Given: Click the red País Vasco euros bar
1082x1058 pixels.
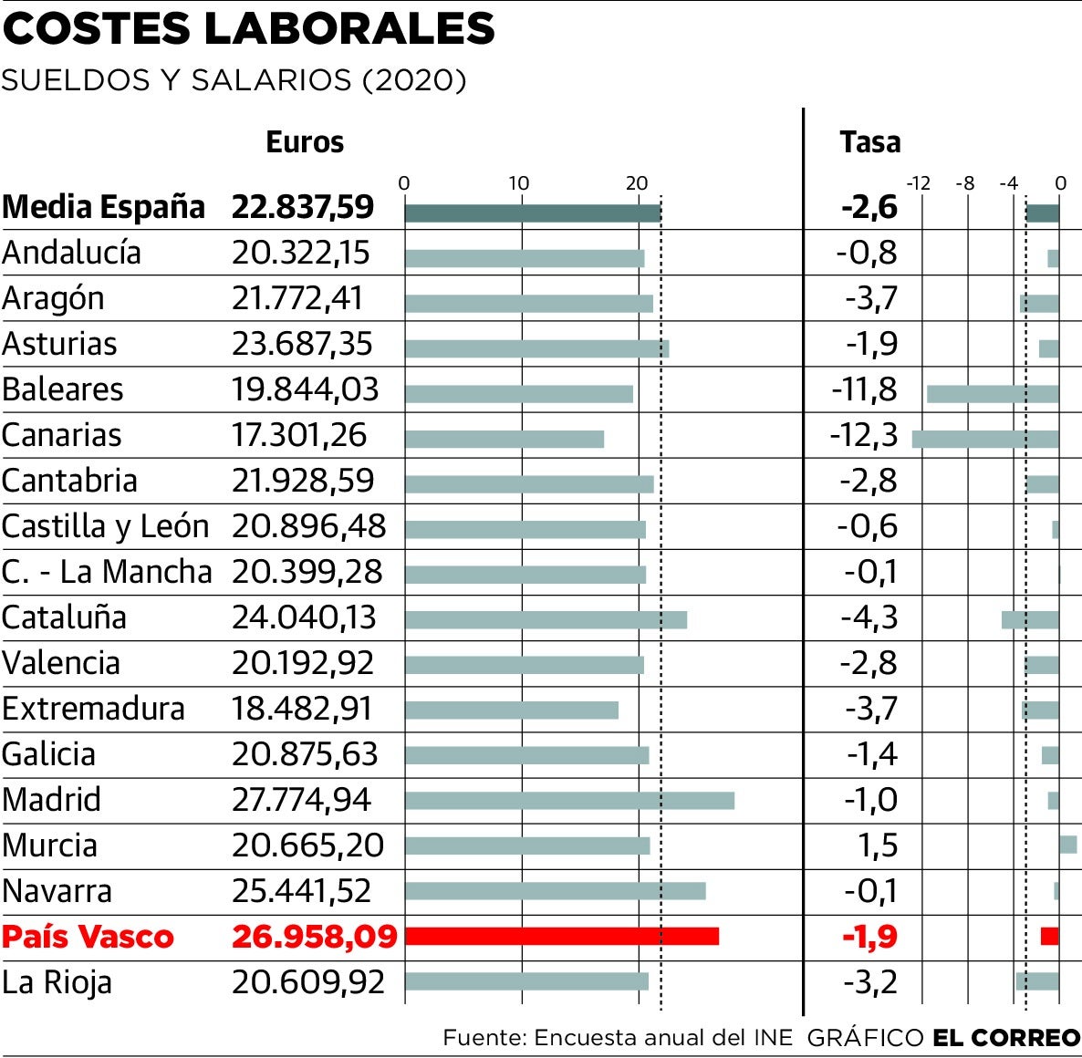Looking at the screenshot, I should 561,936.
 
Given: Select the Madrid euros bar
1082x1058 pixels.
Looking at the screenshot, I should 569,801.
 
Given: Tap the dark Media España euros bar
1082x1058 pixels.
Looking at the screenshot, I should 532,213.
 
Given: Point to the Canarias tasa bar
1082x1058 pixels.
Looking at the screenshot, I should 985,439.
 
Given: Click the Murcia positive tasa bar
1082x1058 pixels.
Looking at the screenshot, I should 1067,845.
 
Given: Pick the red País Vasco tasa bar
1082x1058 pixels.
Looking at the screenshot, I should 1049,936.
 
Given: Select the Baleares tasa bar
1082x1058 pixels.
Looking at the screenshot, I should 993,394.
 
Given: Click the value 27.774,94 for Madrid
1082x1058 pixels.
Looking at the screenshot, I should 301,800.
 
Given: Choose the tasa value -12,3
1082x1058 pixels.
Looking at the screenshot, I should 863,435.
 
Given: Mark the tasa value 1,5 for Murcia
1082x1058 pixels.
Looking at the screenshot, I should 878,845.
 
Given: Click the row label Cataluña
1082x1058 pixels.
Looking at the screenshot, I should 64,617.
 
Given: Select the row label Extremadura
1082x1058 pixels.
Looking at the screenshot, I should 93,709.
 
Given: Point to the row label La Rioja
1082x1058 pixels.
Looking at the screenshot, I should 57,982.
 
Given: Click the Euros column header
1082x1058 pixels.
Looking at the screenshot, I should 305,142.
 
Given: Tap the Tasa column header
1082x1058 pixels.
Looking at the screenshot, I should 869,142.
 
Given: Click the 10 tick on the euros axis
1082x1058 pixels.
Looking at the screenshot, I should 518,183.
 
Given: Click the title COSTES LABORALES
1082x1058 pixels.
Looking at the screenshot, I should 248,28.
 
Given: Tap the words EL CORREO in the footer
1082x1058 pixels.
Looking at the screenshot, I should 1005,1037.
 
